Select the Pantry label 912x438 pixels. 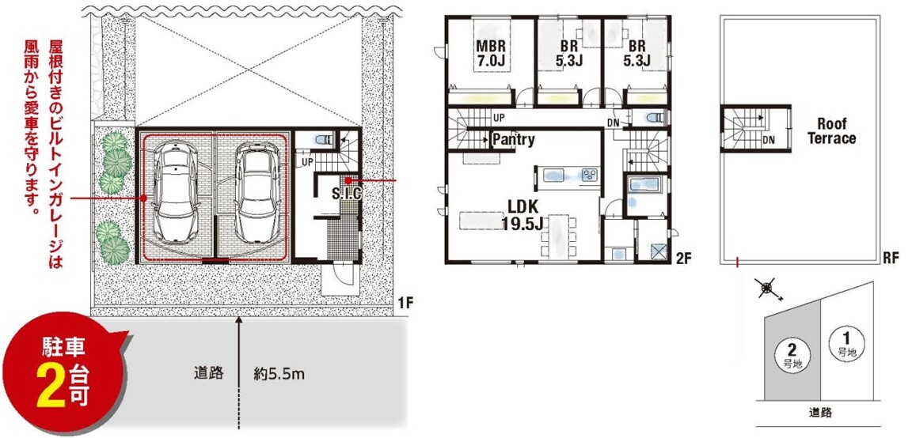(x=513, y=140)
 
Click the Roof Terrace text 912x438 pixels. (x=832, y=131)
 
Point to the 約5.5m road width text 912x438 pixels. (x=279, y=373)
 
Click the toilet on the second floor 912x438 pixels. (x=654, y=118)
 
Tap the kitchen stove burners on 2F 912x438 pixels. (x=589, y=174)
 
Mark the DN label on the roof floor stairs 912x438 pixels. (x=768, y=140)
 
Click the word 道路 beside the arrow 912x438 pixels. (x=209, y=373)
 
